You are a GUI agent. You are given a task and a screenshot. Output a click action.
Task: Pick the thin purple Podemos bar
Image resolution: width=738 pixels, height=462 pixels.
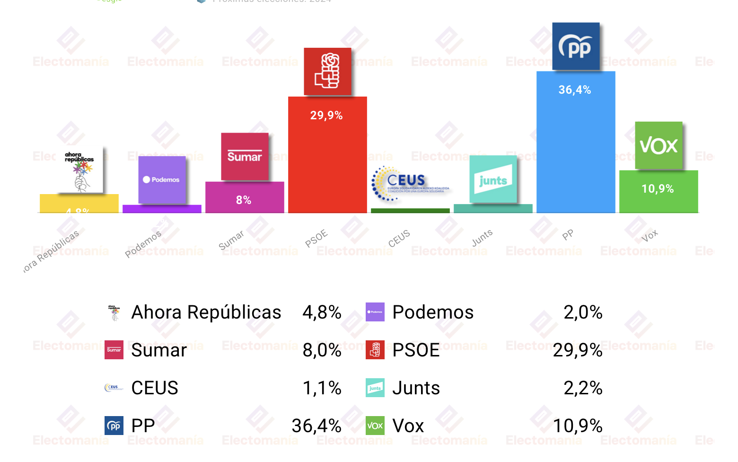tap(162, 209)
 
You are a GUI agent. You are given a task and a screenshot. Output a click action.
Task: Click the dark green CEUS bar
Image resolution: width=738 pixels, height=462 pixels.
tap(410, 211)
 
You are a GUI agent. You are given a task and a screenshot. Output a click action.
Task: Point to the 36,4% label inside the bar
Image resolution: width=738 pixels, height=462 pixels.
tap(575, 90)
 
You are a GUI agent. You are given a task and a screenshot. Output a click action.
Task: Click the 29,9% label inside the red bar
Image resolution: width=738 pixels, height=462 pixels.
tap(326, 115)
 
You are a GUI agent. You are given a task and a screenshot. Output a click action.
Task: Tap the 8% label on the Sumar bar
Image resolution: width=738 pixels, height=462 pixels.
tap(244, 200)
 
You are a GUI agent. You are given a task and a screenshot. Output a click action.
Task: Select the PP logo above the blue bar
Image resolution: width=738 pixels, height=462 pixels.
tap(576, 46)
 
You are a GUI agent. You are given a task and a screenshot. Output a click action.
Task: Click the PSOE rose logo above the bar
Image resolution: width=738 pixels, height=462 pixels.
tap(327, 71)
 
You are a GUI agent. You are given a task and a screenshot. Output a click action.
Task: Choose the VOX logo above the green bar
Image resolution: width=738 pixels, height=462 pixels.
tap(659, 145)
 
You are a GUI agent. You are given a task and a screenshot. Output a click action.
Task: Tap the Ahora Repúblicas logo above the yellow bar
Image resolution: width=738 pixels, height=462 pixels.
tap(80, 171)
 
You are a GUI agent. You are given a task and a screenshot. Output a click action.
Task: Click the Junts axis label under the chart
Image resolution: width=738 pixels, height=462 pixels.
tap(482, 238)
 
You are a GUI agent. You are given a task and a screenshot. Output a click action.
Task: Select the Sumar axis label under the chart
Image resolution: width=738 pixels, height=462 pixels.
tap(231, 240)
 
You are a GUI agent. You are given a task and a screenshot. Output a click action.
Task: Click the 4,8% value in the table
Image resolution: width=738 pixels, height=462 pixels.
tap(322, 312)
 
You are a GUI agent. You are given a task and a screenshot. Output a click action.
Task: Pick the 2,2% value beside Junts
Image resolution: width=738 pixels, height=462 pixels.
tap(583, 388)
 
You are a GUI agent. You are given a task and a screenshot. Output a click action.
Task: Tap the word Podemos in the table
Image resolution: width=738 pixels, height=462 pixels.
tap(433, 312)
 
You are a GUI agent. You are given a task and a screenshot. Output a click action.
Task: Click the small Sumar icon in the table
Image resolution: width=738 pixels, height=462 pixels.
tap(114, 350)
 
